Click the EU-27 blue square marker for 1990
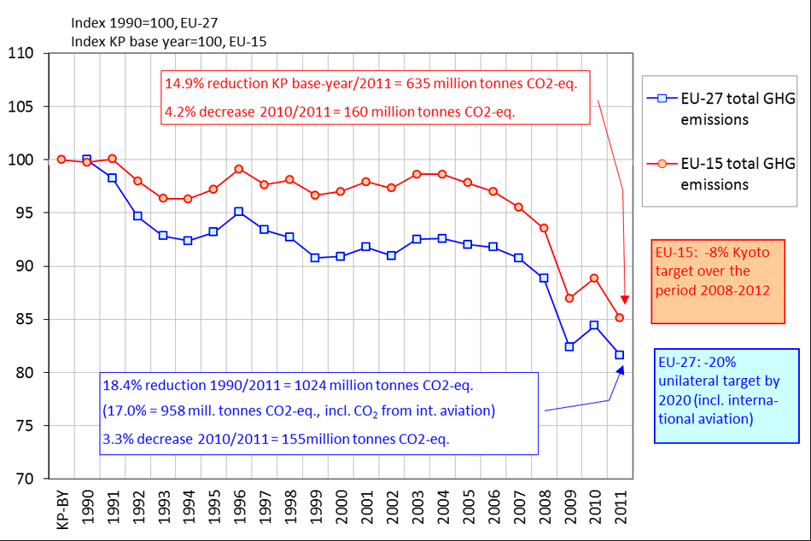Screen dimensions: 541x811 click(x=87, y=160)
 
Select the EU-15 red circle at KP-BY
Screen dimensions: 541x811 click(x=61, y=160)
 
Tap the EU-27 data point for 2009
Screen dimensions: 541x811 click(x=569, y=346)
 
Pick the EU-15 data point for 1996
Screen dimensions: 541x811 click(x=239, y=169)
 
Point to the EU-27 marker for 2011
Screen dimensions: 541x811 click(x=620, y=355)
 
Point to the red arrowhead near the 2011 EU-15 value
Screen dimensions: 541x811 click(x=624, y=300)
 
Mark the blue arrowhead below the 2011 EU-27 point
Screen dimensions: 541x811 click(x=620, y=370)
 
